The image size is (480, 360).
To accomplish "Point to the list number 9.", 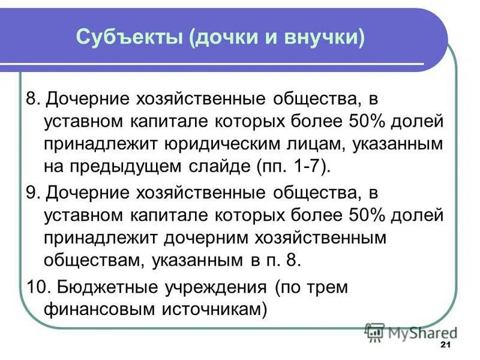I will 31,193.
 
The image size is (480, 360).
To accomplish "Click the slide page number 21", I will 445,345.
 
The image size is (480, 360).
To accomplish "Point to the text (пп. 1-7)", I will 290,166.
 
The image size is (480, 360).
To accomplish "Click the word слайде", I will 221,166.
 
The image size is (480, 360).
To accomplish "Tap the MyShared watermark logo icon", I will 374,332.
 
